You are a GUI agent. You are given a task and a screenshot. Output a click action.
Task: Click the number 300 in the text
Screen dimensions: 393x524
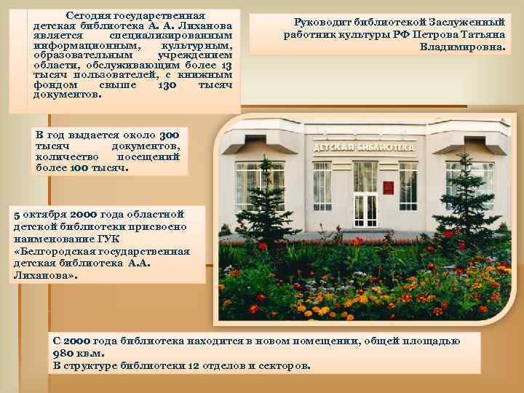point(169,135)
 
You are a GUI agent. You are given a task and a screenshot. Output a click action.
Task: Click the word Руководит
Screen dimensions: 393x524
point(312,23)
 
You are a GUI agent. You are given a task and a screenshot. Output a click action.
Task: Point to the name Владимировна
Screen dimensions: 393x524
point(463,47)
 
